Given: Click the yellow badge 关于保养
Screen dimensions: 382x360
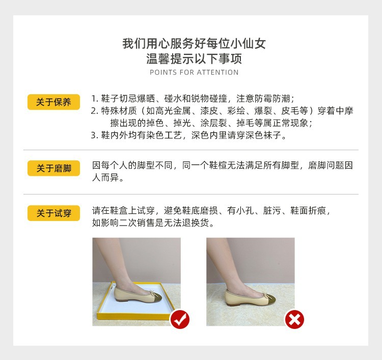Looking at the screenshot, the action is click(53, 102).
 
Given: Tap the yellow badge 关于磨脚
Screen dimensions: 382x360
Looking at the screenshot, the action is click(53, 168).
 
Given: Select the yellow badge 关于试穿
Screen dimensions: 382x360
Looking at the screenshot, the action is click(53, 213).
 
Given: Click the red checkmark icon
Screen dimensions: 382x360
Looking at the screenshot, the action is click(180, 319).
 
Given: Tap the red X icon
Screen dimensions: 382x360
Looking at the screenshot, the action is click(294, 319).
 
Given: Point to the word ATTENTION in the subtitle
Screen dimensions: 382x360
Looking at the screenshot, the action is click(217, 72).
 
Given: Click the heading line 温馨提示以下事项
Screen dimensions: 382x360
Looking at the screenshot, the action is click(194, 59).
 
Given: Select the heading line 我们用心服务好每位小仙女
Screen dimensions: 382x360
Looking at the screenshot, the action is click(194, 44).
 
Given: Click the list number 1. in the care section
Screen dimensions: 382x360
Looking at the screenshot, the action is click(95, 99).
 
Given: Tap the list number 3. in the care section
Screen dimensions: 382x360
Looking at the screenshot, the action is click(95, 135).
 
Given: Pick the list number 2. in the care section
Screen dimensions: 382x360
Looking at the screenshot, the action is click(95, 111).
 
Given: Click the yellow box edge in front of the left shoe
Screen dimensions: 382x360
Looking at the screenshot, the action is click(133, 317).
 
